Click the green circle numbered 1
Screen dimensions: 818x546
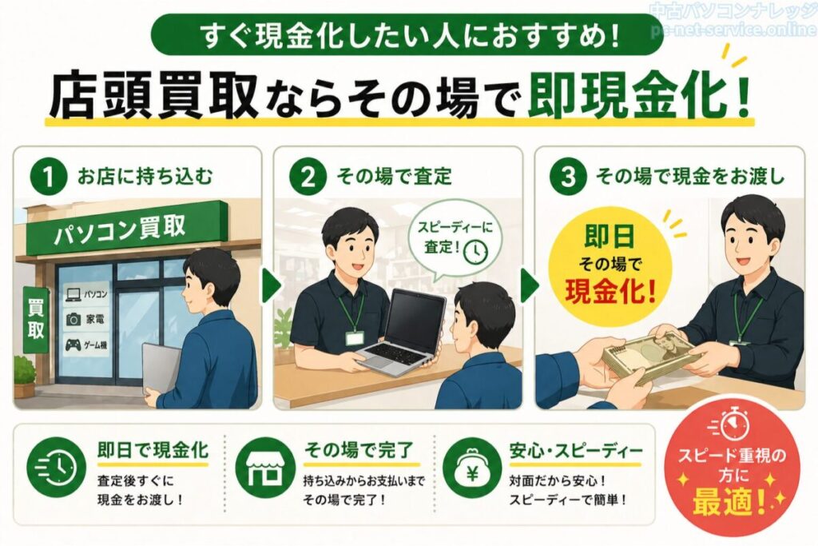(x=49, y=177)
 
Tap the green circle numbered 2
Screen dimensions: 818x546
(x=308, y=177)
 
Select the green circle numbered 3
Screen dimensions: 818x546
(x=568, y=177)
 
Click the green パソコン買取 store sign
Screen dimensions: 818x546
(x=126, y=229)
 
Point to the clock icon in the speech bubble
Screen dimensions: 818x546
(x=475, y=251)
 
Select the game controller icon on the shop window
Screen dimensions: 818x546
(x=73, y=345)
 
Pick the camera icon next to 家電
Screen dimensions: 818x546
(x=73, y=319)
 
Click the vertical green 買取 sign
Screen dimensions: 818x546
(x=35, y=318)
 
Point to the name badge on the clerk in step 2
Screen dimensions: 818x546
(x=354, y=338)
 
